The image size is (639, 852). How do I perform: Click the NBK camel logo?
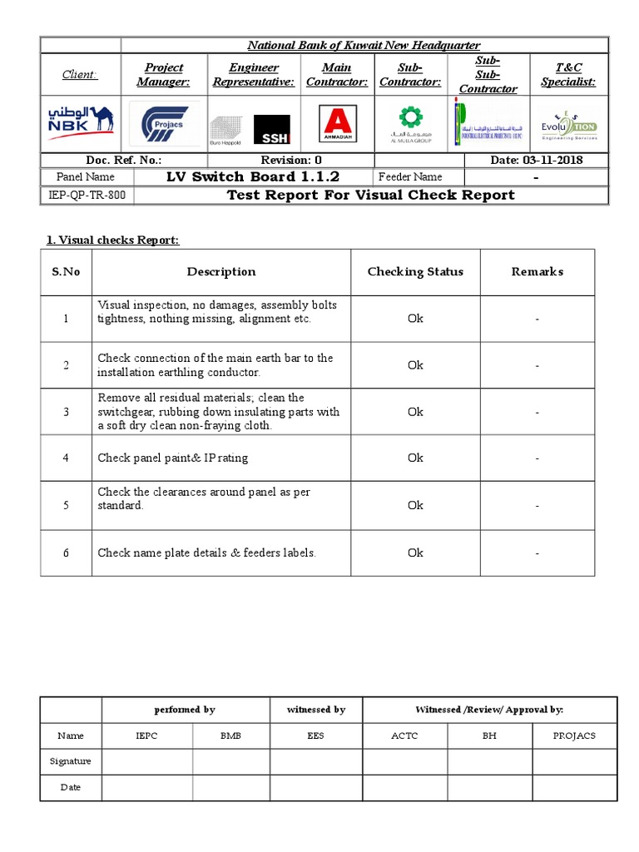pos(81,123)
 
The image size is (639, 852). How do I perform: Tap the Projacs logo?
pos(164,124)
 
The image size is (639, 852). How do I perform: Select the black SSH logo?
pos(272,129)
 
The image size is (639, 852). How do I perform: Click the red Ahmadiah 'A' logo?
pos(337,124)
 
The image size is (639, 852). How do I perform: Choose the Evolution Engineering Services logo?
pos(568,124)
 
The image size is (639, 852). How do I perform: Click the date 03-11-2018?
pos(537,160)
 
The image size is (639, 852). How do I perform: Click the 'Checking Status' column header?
pos(415,272)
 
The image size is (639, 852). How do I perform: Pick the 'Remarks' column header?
pos(537,272)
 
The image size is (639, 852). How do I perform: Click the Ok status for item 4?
pos(415,458)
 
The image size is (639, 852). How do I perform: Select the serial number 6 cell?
pos(66,552)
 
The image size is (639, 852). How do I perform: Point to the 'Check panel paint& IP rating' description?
pos(173,458)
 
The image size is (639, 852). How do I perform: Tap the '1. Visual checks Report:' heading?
pos(112,240)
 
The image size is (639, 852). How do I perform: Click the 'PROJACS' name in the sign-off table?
pos(574,736)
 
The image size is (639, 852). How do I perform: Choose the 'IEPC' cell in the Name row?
pos(146,736)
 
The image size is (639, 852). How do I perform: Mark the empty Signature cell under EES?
pos(316,761)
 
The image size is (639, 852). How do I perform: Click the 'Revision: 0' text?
pos(291,160)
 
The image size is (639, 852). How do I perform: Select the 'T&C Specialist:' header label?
pos(568,75)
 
